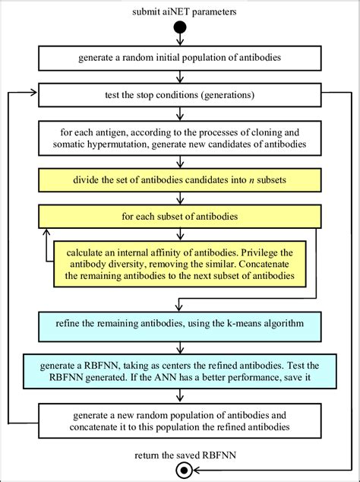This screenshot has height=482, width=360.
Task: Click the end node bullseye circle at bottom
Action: (180, 471)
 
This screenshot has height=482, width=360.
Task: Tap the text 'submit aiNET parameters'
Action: (179, 12)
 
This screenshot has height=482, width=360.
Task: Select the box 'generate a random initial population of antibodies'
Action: (180, 58)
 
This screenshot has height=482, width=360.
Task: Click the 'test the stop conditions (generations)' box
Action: (180, 95)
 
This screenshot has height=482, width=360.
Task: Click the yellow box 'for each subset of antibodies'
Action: (180, 217)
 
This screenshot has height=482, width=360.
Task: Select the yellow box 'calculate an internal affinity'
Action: (179, 265)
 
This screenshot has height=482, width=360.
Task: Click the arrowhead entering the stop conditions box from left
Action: (34, 94)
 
